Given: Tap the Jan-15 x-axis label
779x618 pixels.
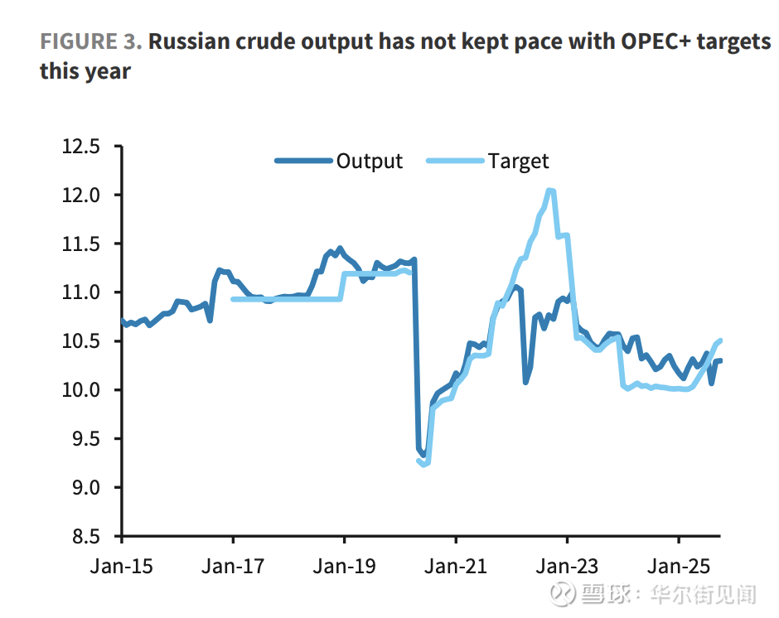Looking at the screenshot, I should click(x=123, y=567).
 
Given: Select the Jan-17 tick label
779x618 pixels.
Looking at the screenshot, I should click(x=234, y=567).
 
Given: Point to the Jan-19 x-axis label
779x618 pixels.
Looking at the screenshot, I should click(x=345, y=567).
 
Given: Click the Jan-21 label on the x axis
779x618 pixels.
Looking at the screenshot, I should click(x=456, y=567).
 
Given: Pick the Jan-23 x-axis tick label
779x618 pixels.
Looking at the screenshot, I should click(x=567, y=567).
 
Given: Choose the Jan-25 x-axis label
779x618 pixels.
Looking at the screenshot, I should click(x=678, y=567).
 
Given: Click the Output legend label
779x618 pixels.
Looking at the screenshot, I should click(x=369, y=162).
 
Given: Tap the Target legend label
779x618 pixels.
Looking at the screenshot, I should click(x=518, y=162).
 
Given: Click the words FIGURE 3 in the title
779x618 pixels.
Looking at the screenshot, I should click(x=90, y=42).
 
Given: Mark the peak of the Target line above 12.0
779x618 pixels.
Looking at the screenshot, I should click(x=550, y=191).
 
